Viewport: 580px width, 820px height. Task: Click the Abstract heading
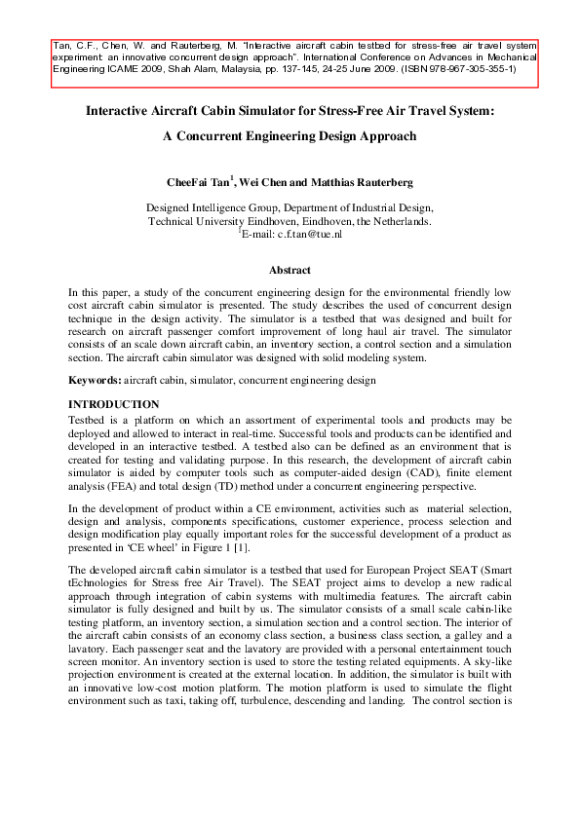click(x=290, y=270)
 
